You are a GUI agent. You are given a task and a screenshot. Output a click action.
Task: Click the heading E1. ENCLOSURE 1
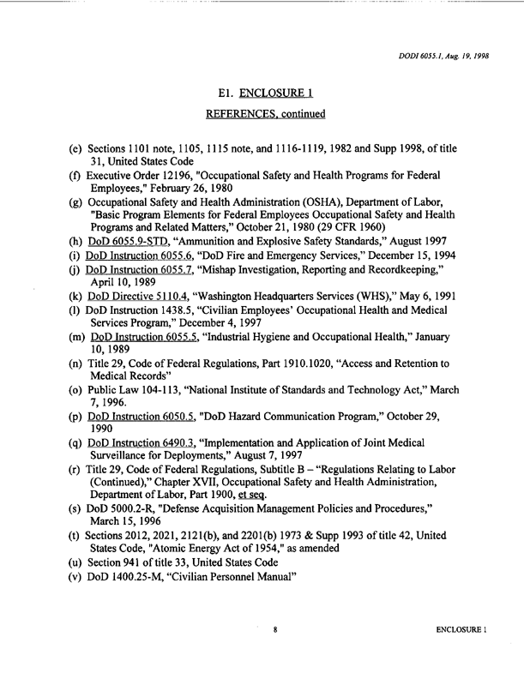(262, 93)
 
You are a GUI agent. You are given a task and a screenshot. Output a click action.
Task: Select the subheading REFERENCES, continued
(262, 114)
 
